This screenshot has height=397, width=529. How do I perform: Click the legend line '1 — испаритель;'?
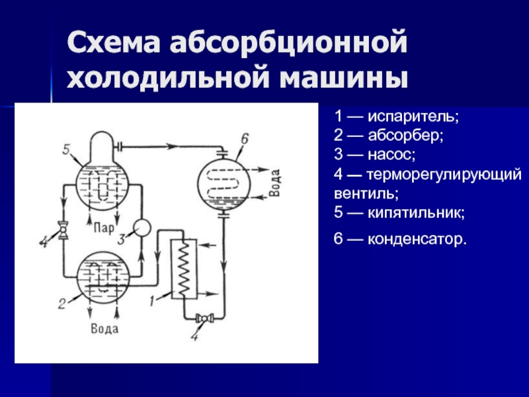click(x=396, y=117)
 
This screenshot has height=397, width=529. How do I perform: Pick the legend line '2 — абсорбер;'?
click(x=389, y=136)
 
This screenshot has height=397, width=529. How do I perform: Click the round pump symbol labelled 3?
click(x=142, y=227)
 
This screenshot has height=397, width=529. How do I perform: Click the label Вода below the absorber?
click(x=105, y=326)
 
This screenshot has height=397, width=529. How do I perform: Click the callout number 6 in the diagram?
click(x=244, y=138)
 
